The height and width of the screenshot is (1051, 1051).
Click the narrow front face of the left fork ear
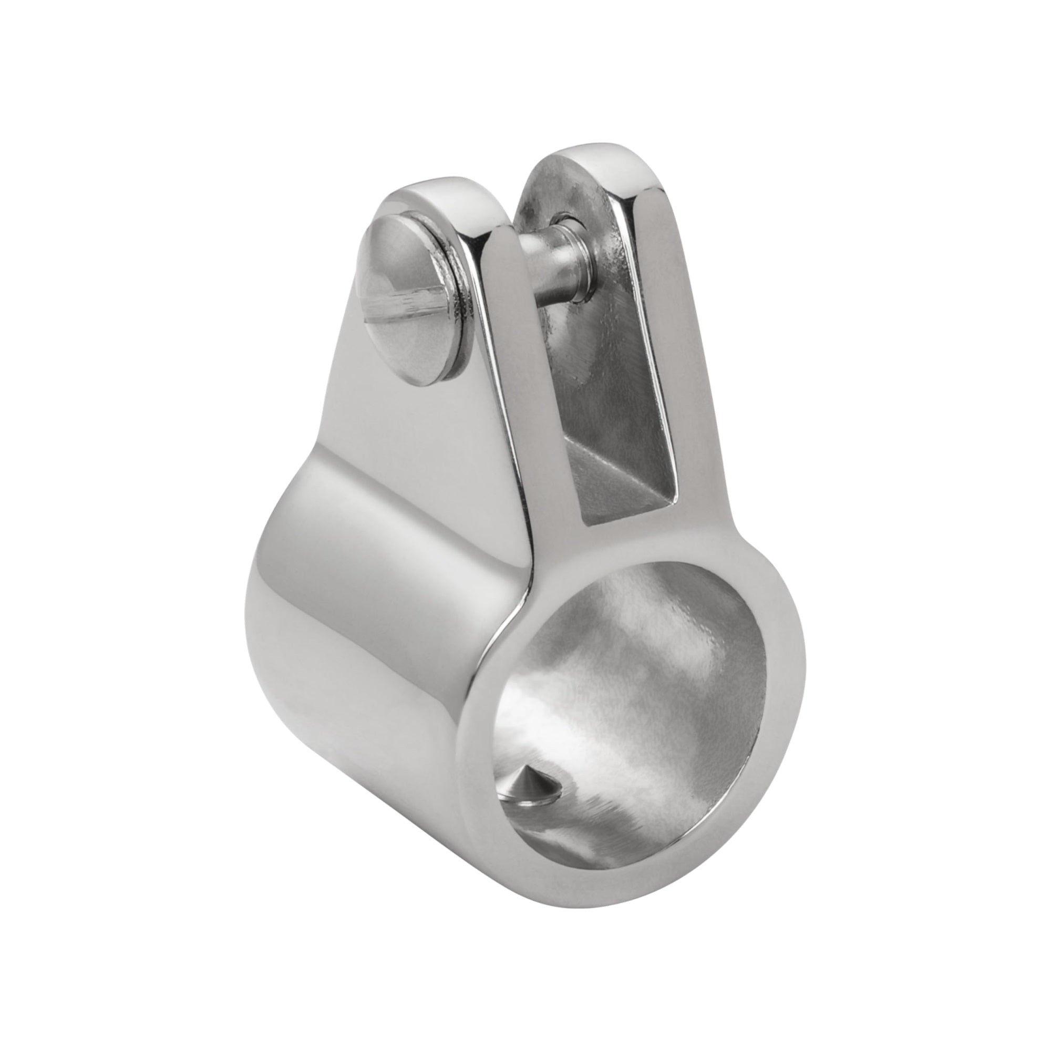(x=500, y=381)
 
